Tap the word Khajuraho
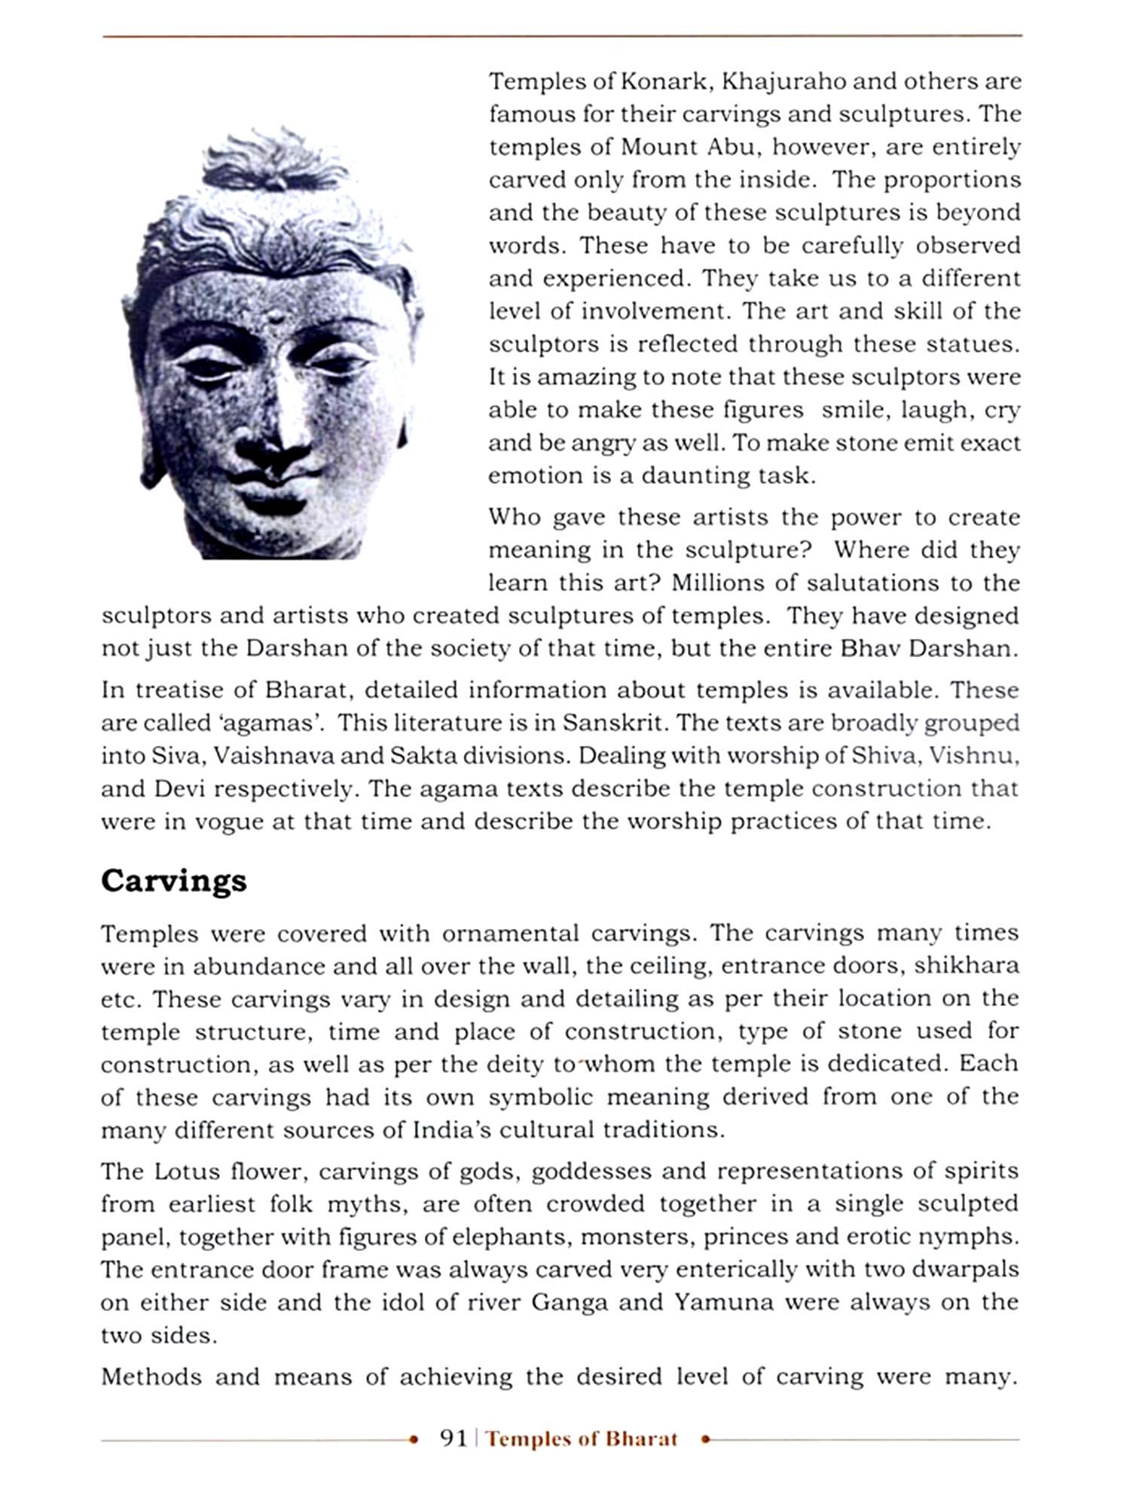pos(783,81)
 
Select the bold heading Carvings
pos(174,881)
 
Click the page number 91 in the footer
pos(454,1438)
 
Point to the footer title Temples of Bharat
pos(582,1439)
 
